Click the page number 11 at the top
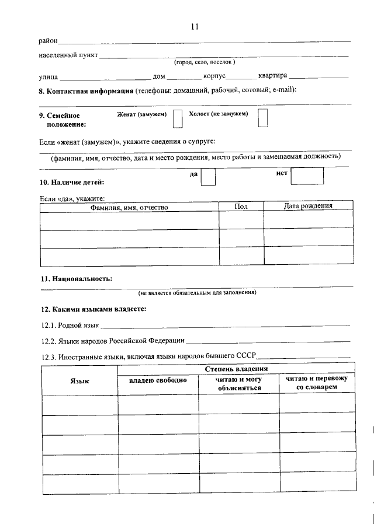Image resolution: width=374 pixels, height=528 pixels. pyautogui.click(x=195, y=26)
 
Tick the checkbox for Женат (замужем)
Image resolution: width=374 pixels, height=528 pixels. pyautogui.click(x=178, y=118)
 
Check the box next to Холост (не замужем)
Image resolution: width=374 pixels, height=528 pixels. pyautogui.click(x=263, y=117)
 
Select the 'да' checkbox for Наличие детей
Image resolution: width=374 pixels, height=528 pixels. pyautogui.click(x=208, y=177)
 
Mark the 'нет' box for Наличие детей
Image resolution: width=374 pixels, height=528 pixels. pyautogui.click(x=307, y=176)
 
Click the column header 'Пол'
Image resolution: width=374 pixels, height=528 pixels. pyautogui.click(x=241, y=207)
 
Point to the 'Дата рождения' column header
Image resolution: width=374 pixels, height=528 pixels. pyautogui.click(x=308, y=206)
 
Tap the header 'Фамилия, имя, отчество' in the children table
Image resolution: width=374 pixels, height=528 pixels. pyautogui.click(x=129, y=207)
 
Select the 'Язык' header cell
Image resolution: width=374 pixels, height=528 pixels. pyautogui.click(x=79, y=380)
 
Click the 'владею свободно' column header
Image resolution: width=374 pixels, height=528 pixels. pyautogui.click(x=158, y=380)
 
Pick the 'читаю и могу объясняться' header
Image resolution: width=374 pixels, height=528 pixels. pyautogui.click(x=238, y=383)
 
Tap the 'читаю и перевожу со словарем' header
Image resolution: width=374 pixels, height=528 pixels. pyautogui.click(x=317, y=383)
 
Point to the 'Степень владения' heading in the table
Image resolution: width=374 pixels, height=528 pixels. pyautogui.click(x=237, y=369)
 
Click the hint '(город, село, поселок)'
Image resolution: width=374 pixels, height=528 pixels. pyautogui.click(x=204, y=62)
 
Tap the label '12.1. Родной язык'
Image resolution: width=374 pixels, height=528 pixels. pyautogui.click(x=71, y=325)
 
